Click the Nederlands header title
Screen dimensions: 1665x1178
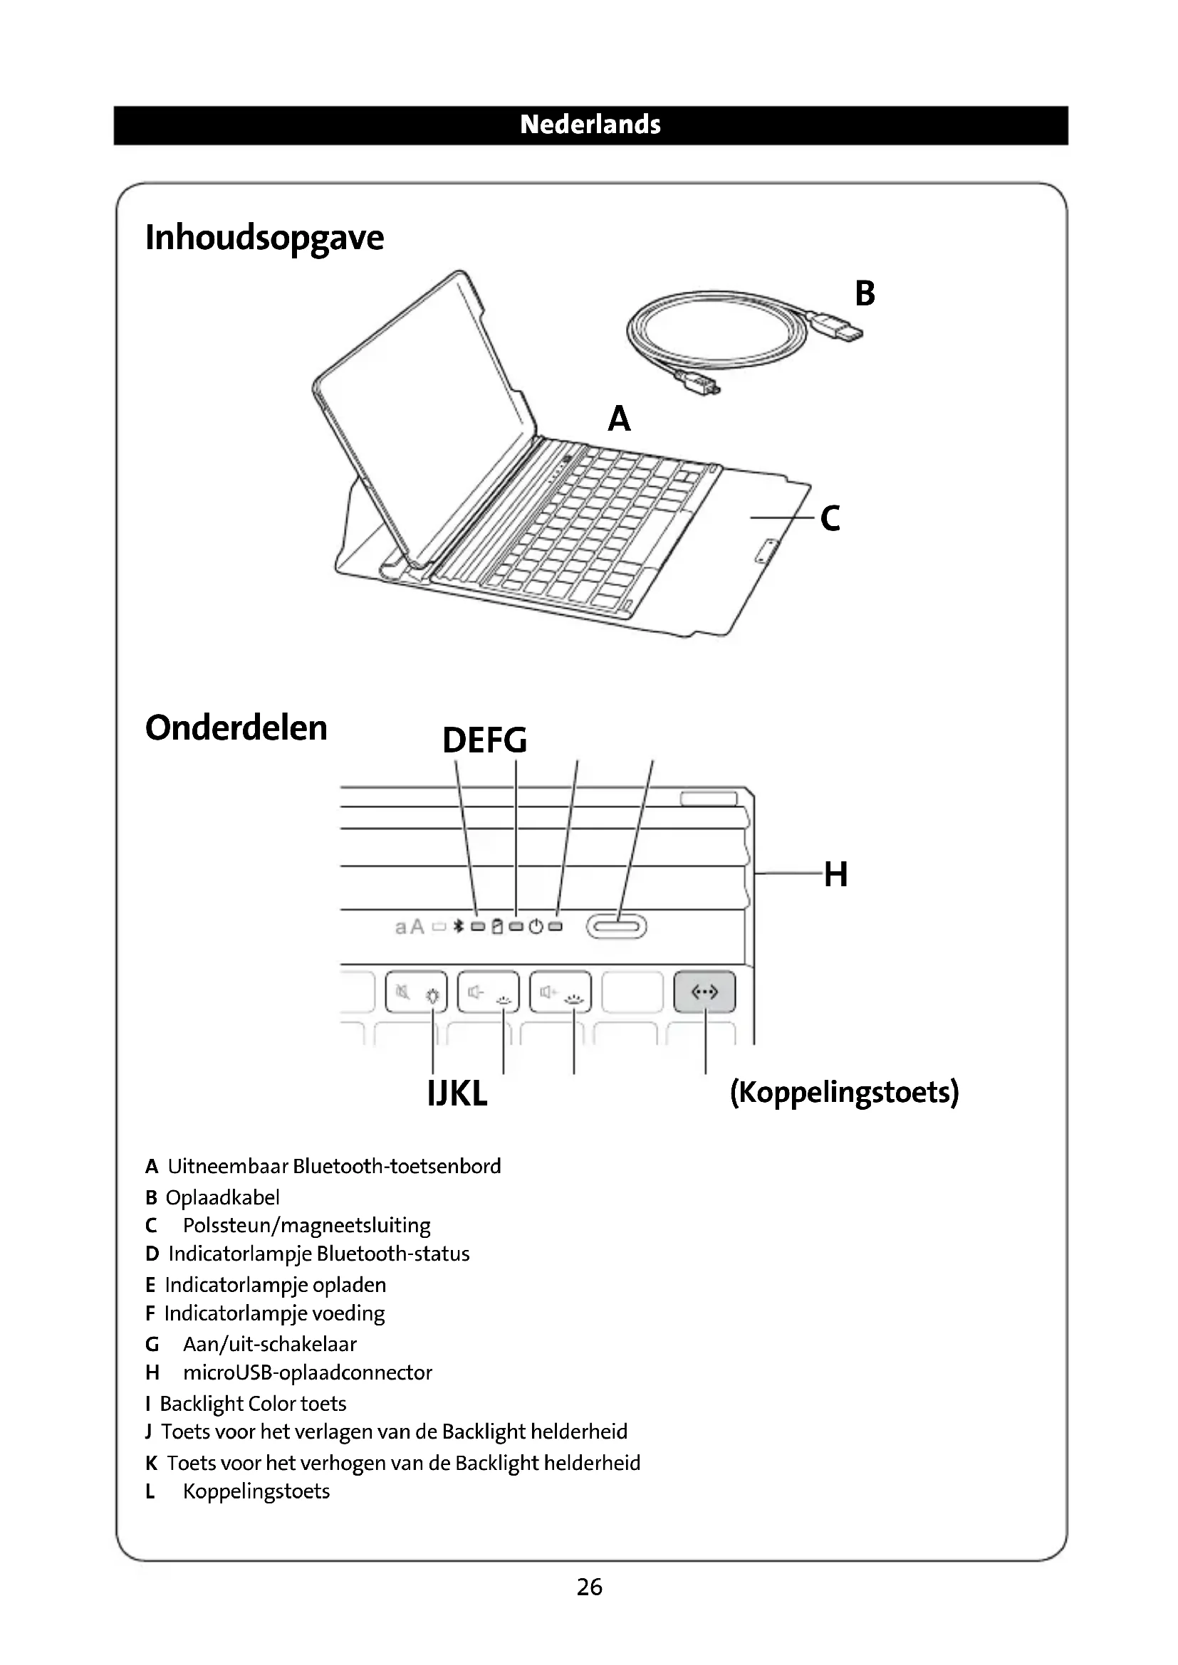pyautogui.click(x=590, y=125)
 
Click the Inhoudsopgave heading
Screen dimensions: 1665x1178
pyautogui.click(x=264, y=238)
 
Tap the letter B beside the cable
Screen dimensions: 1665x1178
pyautogui.click(x=865, y=293)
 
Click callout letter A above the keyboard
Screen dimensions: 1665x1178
pyautogui.click(x=619, y=419)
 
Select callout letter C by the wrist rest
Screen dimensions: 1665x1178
pyautogui.click(x=830, y=518)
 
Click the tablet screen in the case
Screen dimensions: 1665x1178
pyautogui.click(x=424, y=406)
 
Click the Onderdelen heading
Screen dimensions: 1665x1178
pyautogui.click(x=236, y=728)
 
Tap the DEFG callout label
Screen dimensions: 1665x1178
pyautogui.click(x=484, y=740)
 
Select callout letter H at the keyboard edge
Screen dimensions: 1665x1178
pyautogui.click(x=835, y=874)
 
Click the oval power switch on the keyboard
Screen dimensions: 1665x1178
pyautogui.click(x=616, y=926)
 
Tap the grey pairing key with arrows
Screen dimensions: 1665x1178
pyautogui.click(x=704, y=992)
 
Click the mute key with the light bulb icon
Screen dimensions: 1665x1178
pyautogui.click(x=417, y=992)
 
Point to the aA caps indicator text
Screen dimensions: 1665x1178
pyautogui.click(x=409, y=927)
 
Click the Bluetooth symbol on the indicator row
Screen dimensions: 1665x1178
pyautogui.click(x=458, y=926)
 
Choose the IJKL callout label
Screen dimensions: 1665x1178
pyautogui.click(x=457, y=1093)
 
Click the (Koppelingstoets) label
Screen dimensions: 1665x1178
pyautogui.click(x=845, y=1092)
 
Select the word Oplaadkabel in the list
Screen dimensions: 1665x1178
pyautogui.click(x=222, y=1197)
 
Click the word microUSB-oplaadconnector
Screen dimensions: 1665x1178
pyautogui.click(x=307, y=1372)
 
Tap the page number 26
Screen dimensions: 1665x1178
pyautogui.click(x=589, y=1587)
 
